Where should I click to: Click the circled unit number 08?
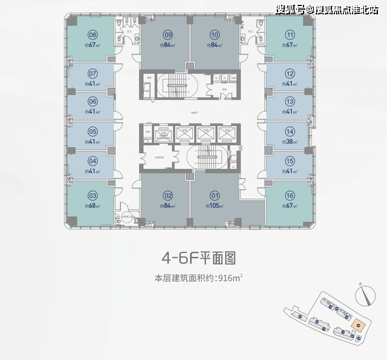[93, 35]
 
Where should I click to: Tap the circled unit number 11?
[290, 35]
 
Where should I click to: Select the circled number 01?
[214, 195]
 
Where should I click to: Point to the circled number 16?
[290, 195]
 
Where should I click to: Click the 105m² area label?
[214, 206]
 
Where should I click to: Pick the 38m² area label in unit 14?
[290, 142]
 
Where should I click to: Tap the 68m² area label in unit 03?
[93, 206]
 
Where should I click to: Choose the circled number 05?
[93, 131]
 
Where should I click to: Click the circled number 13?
[290, 101]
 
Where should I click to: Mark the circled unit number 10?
[214, 35]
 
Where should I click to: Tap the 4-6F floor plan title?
[198, 258]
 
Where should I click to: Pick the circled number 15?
[290, 161]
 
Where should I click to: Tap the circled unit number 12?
[290, 72]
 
